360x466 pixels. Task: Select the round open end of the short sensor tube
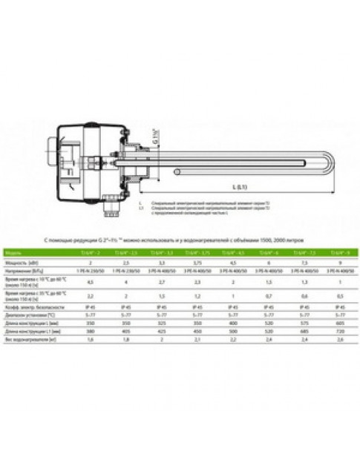[175, 174]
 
